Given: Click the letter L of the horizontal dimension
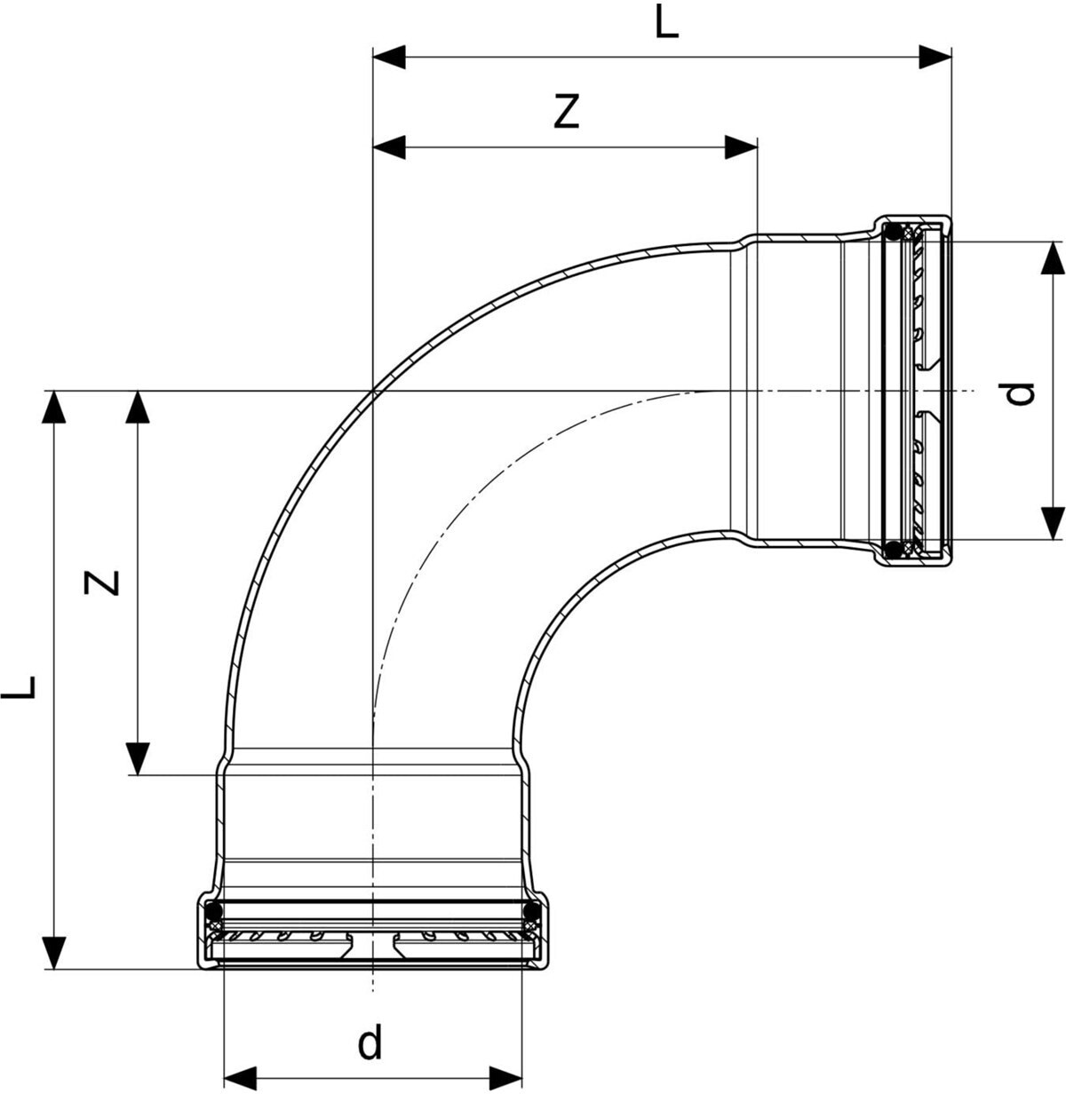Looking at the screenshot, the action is [666, 24].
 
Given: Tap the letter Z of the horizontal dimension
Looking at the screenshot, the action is [566, 112].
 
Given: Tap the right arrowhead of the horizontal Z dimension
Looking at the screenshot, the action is [741, 147].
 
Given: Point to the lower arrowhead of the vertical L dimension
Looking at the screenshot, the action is [55, 952].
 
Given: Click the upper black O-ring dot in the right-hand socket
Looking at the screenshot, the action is [894, 234].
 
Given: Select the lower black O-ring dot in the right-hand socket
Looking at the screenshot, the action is [894, 549].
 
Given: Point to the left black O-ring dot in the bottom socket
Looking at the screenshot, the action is [213, 911].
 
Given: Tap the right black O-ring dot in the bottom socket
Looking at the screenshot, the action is [530, 911].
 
